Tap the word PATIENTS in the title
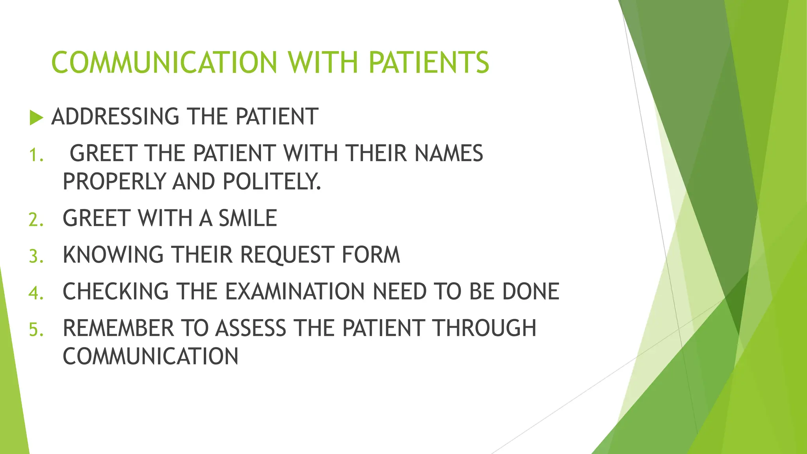point(429,63)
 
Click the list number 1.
point(35,155)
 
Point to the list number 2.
point(35,220)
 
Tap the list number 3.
point(35,256)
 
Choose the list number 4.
point(35,293)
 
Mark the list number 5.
point(35,329)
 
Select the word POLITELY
point(271,182)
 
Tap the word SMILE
point(248,218)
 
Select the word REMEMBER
point(118,328)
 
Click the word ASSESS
point(251,328)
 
